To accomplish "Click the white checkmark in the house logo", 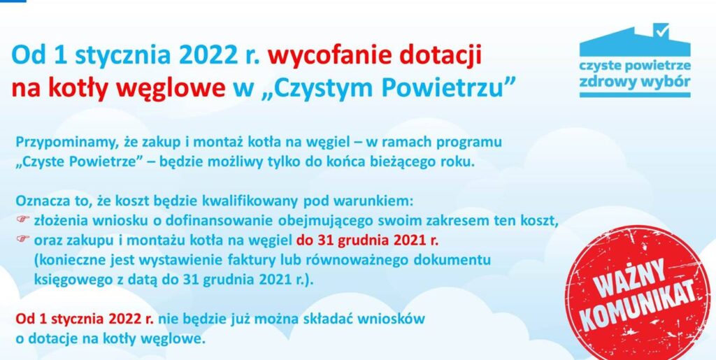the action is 661,31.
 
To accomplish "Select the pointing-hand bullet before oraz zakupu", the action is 23,240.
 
